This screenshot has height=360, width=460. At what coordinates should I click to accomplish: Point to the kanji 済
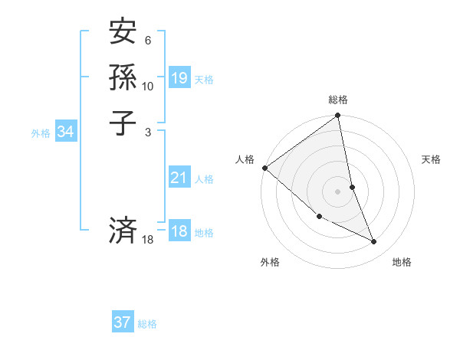click(x=123, y=230)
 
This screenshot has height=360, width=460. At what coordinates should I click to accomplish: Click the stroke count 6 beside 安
click(x=148, y=40)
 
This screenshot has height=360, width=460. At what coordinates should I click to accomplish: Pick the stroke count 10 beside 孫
click(x=148, y=86)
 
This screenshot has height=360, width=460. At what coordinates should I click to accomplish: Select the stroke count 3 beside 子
click(x=148, y=132)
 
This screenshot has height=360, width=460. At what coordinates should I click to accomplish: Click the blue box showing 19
click(x=179, y=78)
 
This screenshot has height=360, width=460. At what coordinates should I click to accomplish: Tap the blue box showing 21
click(x=179, y=178)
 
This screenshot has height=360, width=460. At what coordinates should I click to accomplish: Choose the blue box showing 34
click(x=66, y=133)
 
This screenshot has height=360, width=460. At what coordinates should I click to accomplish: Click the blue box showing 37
click(x=123, y=322)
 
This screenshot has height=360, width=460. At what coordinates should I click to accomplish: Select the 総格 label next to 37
click(x=147, y=324)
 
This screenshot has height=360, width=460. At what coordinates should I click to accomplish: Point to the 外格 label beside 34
click(x=41, y=133)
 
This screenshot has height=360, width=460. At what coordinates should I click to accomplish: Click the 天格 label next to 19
click(x=204, y=80)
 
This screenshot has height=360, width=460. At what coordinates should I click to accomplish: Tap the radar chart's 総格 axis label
click(x=338, y=100)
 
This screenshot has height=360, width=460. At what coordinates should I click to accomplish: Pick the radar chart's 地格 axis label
click(x=402, y=262)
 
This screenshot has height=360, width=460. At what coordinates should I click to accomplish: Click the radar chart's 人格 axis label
click(x=245, y=159)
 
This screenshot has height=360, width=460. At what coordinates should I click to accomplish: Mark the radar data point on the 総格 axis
click(x=338, y=116)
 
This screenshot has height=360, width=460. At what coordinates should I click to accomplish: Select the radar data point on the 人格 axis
click(x=264, y=168)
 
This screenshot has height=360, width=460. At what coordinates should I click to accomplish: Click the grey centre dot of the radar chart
click(x=338, y=191)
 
